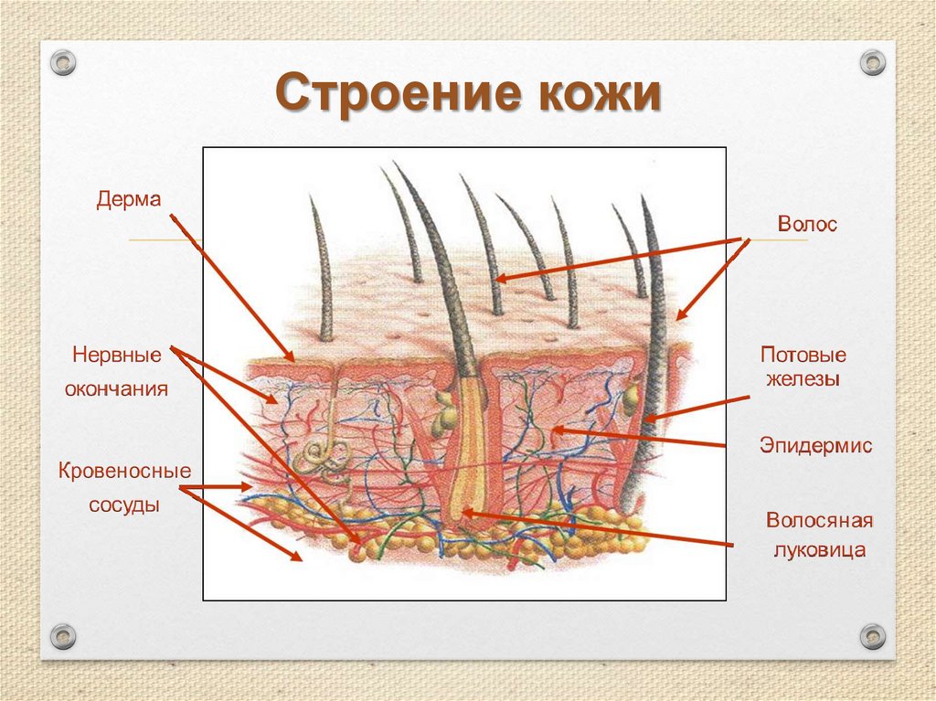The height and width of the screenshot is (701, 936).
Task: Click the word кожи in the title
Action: click(593, 95)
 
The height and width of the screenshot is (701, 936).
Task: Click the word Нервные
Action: click(117, 354)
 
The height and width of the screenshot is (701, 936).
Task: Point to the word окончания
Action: click(116, 388)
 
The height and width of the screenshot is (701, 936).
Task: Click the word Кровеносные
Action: click(124, 472)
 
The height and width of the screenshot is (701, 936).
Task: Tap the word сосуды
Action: click(124, 505)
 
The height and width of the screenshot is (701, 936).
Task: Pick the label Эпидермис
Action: click(815, 445)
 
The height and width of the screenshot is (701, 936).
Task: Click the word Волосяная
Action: click(820, 520)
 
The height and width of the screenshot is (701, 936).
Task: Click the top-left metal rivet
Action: click(63, 63)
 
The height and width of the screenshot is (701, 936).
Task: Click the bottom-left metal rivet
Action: click(63, 635)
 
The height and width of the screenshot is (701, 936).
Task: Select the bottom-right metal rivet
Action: click(873, 635)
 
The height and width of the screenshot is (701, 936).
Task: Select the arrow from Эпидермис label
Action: click(640, 437)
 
